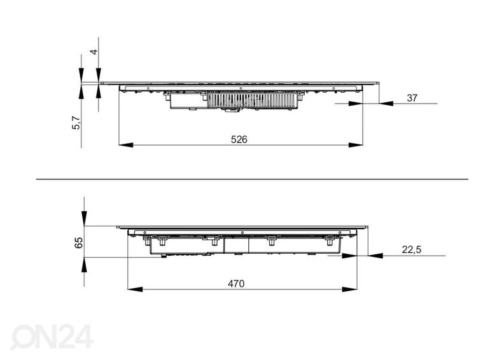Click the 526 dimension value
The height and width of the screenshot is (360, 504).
239,140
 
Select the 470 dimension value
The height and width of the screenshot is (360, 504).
236,284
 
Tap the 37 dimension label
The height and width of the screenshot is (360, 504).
412,98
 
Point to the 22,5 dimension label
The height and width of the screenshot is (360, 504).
412,249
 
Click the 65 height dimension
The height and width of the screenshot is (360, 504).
78,242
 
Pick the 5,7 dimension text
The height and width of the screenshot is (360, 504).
76,122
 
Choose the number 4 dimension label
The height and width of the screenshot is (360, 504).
94,52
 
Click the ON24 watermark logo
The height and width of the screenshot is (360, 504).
52,336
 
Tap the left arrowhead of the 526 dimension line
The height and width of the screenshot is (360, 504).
126,145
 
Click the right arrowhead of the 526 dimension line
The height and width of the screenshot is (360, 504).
356,145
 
